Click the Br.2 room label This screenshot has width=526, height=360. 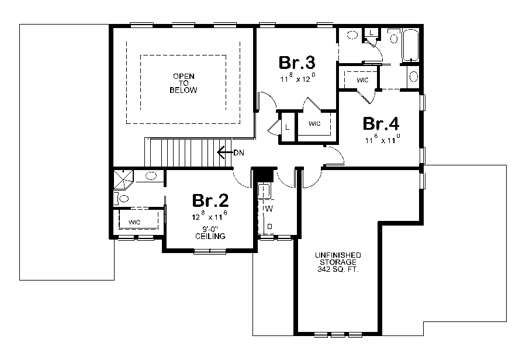click(210, 200)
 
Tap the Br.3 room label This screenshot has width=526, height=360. click(297, 62)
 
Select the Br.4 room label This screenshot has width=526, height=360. click(380, 124)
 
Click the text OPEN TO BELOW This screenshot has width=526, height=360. click(183, 84)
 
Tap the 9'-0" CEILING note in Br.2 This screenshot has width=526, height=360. click(210, 233)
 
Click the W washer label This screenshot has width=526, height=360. click(269, 209)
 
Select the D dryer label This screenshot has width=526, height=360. click(269, 226)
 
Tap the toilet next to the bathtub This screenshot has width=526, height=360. click(393, 37)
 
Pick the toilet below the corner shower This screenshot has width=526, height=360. click(123, 199)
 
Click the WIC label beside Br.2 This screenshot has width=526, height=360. click(134, 222)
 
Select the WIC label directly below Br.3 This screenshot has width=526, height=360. click(314, 124)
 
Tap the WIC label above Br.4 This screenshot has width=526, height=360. click(362, 80)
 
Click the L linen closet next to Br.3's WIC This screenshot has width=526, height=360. click(288, 126)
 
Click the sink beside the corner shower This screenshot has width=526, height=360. click(150, 175)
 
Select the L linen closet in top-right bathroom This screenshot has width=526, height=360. click(372, 31)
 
